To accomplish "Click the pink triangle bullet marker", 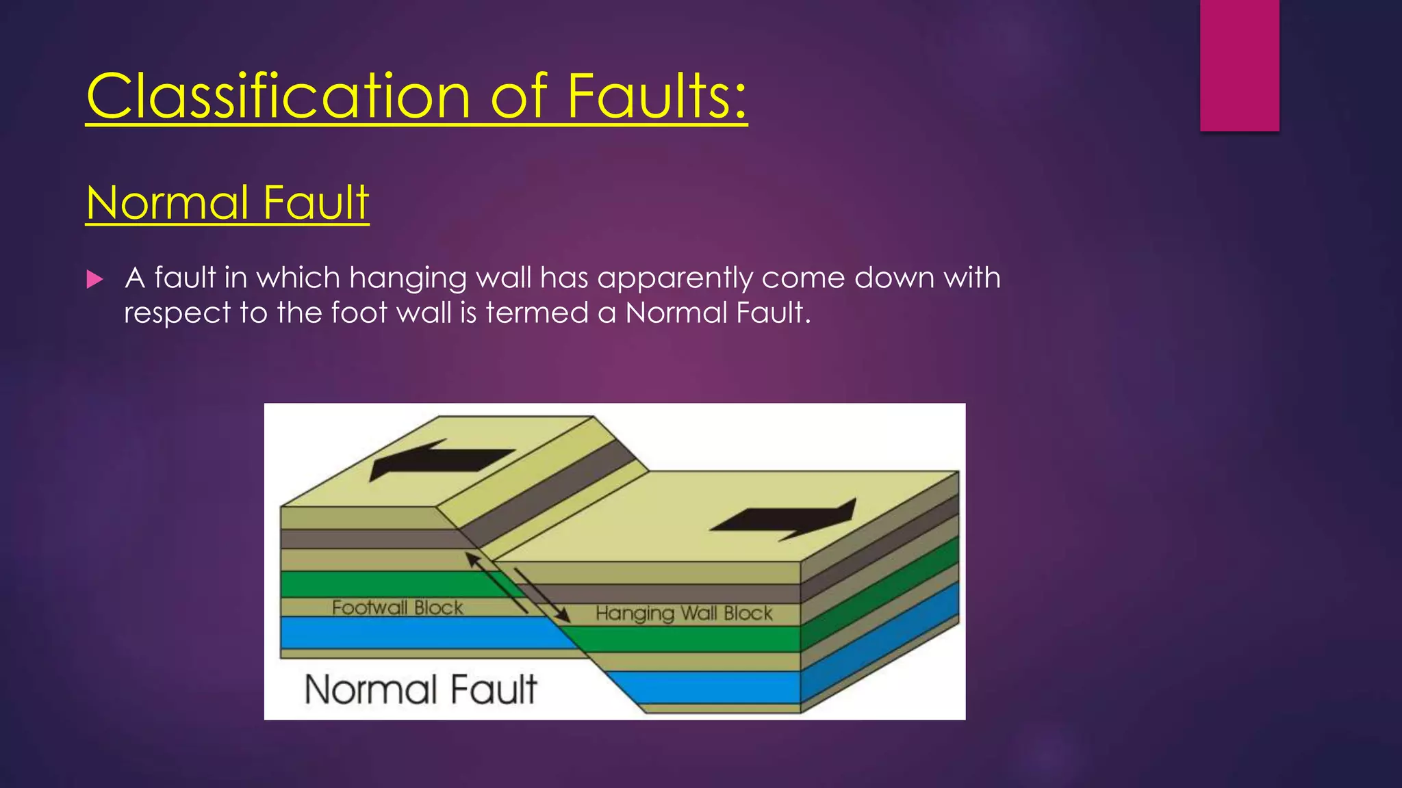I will pyautogui.click(x=95, y=279).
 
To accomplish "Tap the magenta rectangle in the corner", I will pyautogui.click(x=1239, y=65).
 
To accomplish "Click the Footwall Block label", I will pyautogui.click(x=397, y=607).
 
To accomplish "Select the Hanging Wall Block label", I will pyautogui.click(x=684, y=613).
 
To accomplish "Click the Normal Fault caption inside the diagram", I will pyautogui.click(x=420, y=689).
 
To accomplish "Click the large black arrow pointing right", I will pyautogui.click(x=787, y=520).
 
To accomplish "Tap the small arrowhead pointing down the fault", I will pyautogui.click(x=563, y=615).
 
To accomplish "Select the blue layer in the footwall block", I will pyautogui.click(x=411, y=633).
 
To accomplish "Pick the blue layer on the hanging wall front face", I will pyautogui.click(x=705, y=687).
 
